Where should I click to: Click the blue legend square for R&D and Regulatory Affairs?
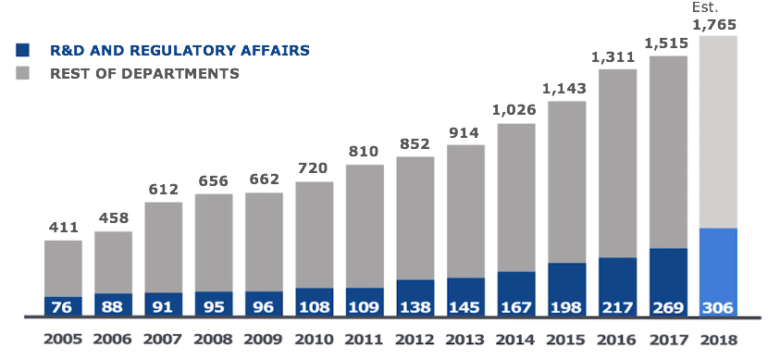(24, 50)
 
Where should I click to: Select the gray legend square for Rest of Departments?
(24, 73)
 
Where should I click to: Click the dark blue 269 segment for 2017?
(668, 282)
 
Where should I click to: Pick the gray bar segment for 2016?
(618, 163)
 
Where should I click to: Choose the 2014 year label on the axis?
(516, 339)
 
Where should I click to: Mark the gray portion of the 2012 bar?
(415, 217)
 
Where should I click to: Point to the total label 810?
(365, 152)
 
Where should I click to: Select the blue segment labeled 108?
(315, 302)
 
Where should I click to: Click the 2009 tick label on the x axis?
(264, 339)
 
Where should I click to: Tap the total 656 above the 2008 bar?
(214, 181)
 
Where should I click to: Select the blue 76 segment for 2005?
(63, 306)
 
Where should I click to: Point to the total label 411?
(63, 228)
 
